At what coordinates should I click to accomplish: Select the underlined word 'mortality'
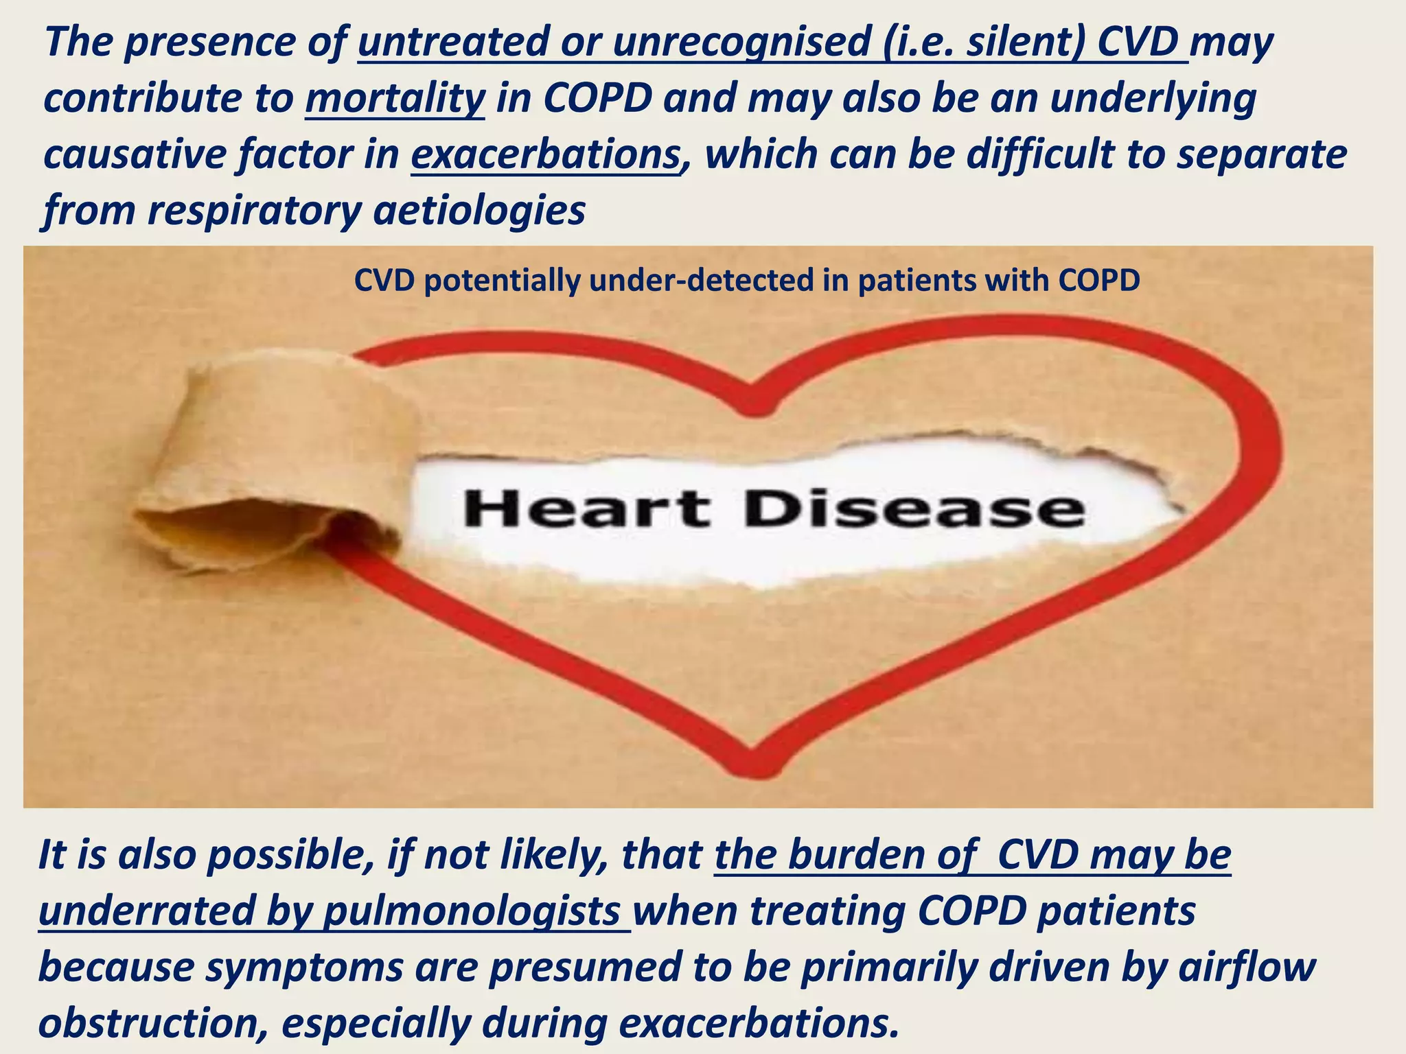click(395, 99)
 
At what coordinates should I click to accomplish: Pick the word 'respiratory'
click(254, 210)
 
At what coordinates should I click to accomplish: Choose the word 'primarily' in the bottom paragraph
click(886, 967)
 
